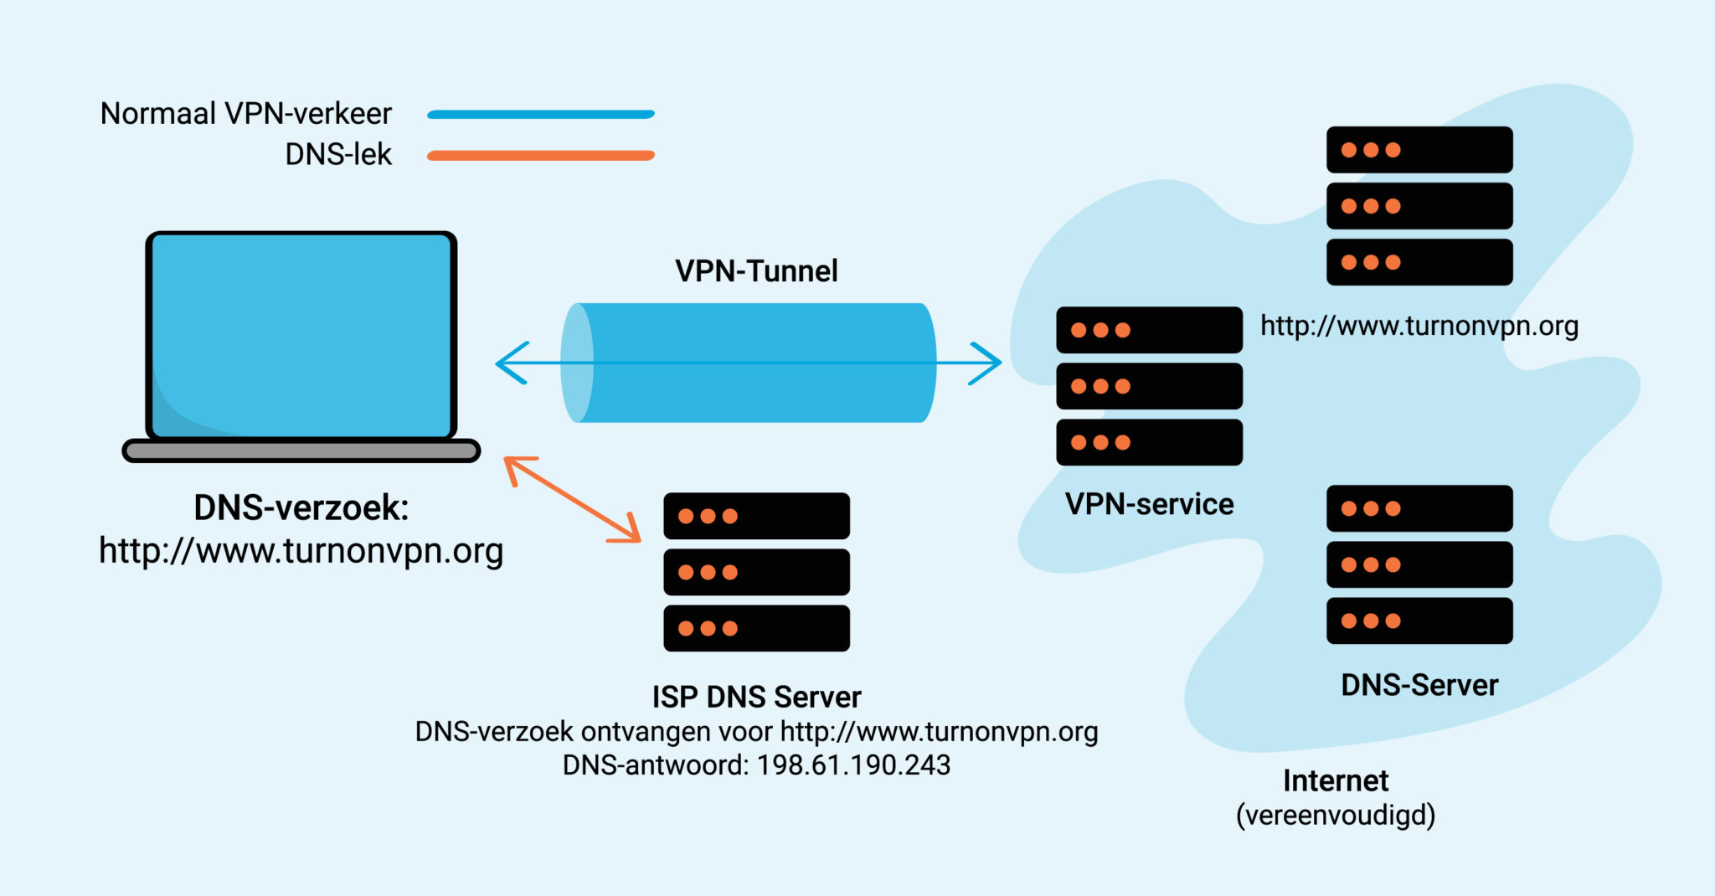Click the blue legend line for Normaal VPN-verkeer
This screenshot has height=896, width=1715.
541,115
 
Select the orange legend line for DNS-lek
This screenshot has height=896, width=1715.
541,156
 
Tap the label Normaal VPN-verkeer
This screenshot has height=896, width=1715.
245,114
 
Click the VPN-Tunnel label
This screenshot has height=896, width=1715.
756,271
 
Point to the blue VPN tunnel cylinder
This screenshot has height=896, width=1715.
754,394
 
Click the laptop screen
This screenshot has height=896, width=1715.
301,335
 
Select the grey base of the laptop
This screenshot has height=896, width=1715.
301,451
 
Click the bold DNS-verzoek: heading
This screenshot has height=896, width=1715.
301,508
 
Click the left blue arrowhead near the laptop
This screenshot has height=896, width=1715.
511,363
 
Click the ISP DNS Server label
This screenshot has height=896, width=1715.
756,698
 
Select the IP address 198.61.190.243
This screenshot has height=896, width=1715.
853,765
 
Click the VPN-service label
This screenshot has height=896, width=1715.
1149,505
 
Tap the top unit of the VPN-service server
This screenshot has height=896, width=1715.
1149,330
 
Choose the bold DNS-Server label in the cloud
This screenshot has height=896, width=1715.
1419,686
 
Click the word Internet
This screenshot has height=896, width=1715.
1336,781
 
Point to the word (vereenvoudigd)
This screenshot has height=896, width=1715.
1336,816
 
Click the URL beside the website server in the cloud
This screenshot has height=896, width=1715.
1419,326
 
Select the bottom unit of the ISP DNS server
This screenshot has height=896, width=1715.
756,629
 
